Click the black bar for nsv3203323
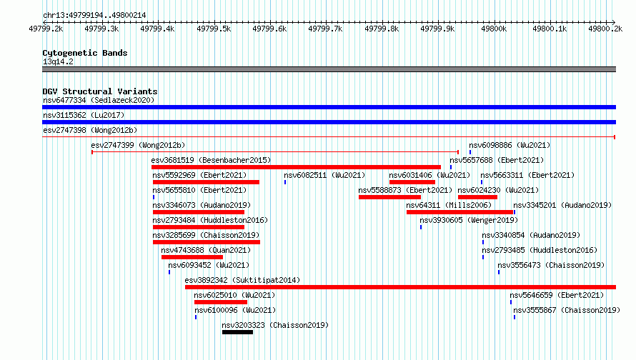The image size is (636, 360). tap(237, 332)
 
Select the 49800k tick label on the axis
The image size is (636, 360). tap(494, 29)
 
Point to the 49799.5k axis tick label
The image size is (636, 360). tap(214, 29)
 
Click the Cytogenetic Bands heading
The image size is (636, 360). tap(85, 53)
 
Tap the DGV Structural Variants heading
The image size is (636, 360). tap(100, 91)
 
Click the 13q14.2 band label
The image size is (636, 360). tap(58, 61)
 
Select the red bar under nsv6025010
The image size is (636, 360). tap(221, 302)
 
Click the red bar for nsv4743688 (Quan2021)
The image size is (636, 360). tap(192, 257)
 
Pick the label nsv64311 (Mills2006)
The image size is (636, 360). tap(449, 205)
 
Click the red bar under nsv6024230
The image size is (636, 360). tap(478, 197)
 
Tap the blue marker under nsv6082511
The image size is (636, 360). tap(285, 182)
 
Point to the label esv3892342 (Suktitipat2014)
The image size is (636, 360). tap(242, 280)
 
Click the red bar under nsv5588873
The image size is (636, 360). tap(389, 197)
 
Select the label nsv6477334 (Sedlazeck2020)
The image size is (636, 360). tap(99, 100)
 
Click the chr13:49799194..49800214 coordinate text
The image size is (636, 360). tap(94, 16)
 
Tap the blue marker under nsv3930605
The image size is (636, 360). tap(421, 227)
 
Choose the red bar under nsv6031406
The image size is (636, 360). tap(412, 182)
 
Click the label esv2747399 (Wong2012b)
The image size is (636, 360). tap(138, 145)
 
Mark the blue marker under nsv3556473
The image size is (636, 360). tap(499, 272)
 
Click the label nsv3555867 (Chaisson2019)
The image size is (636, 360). tap(567, 310)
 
